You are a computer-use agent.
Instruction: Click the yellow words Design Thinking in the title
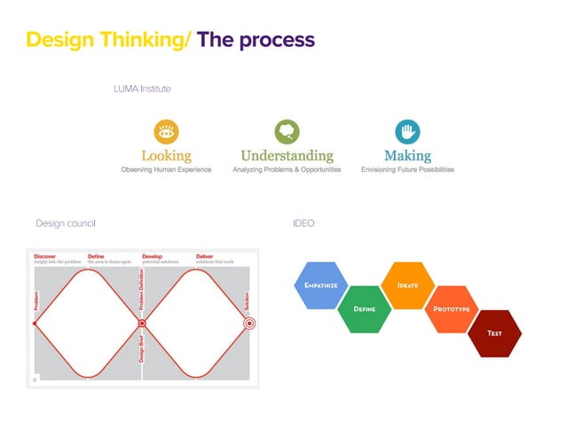pos(106,40)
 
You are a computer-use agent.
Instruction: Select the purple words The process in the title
pos(255,40)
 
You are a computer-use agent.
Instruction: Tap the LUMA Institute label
pos(142,89)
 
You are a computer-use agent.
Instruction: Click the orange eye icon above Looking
pos(166,132)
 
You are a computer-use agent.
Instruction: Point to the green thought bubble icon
pos(287,132)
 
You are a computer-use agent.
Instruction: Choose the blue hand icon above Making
pos(407,132)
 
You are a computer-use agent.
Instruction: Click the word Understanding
pos(287,156)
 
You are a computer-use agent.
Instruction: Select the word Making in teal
pos(407,156)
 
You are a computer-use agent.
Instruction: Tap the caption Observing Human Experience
pos(166,169)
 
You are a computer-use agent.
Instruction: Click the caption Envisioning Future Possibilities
pos(407,169)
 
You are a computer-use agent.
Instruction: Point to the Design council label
pos(65,223)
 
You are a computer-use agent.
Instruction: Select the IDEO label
pos(303,223)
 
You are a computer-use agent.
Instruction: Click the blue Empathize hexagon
pos(318,285)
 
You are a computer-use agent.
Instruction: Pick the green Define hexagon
pos(365,309)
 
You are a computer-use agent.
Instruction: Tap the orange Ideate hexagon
pos(407,285)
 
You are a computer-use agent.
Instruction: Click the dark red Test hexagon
pos(494,333)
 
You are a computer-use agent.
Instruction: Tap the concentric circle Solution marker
pos(249,324)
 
